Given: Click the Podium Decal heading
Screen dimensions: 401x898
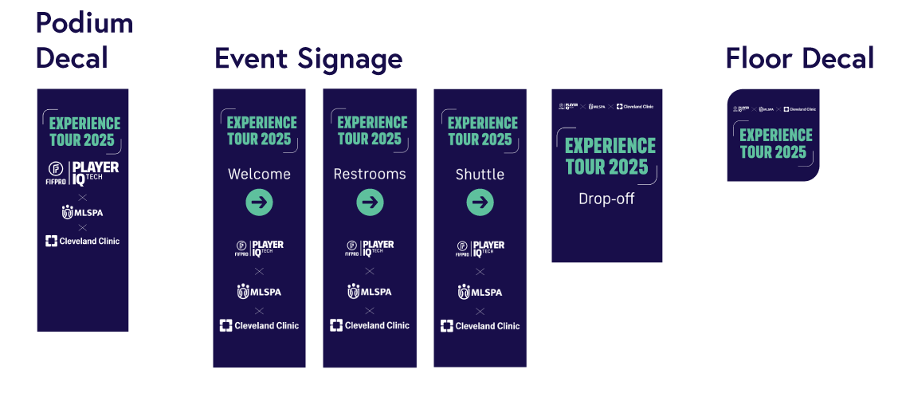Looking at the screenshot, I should coord(84,41).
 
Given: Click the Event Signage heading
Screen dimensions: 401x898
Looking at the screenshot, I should coord(308,59).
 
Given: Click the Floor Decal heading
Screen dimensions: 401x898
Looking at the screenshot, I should coord(799,58).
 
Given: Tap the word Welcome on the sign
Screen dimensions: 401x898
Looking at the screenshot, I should coord(259,174).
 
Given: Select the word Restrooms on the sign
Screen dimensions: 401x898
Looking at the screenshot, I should coord(370,174).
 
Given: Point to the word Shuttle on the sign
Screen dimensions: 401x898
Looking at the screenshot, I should coord(480,174).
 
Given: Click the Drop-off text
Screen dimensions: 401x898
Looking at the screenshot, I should coord(606,199).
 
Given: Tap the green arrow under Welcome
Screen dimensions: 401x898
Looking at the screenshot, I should coord(259,202).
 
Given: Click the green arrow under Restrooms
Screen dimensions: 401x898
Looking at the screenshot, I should coord(370,202).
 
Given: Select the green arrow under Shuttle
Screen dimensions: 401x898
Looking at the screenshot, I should coord(480,202).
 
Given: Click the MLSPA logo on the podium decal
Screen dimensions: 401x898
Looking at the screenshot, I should coord(83,212).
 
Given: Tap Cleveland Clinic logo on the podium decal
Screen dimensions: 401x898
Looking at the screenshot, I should coord(83,241).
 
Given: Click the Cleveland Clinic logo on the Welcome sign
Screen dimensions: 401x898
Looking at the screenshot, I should coord(259,325).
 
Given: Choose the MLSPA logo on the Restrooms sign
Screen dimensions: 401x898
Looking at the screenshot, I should coord(370,292).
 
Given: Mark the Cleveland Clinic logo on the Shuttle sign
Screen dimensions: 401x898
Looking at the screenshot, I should coord(480,325).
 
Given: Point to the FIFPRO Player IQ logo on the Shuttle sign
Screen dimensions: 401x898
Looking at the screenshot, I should coord(480,249).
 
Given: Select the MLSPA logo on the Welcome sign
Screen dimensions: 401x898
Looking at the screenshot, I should coord(259,292).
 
